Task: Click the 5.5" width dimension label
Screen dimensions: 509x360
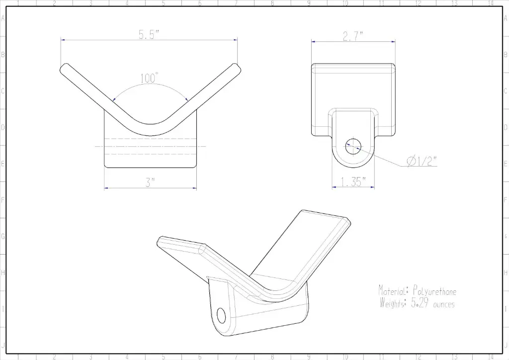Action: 149,34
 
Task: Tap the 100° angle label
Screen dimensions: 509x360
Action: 149,78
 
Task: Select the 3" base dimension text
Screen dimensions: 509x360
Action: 150,182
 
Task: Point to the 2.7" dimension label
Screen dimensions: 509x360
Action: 353,36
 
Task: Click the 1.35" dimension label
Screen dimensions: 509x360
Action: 353,182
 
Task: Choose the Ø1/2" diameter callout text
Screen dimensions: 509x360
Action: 422,161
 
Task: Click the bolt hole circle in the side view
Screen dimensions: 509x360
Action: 353,146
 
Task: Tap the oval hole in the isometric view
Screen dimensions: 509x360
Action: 221,316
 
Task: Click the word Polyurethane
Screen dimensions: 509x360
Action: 434,291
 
